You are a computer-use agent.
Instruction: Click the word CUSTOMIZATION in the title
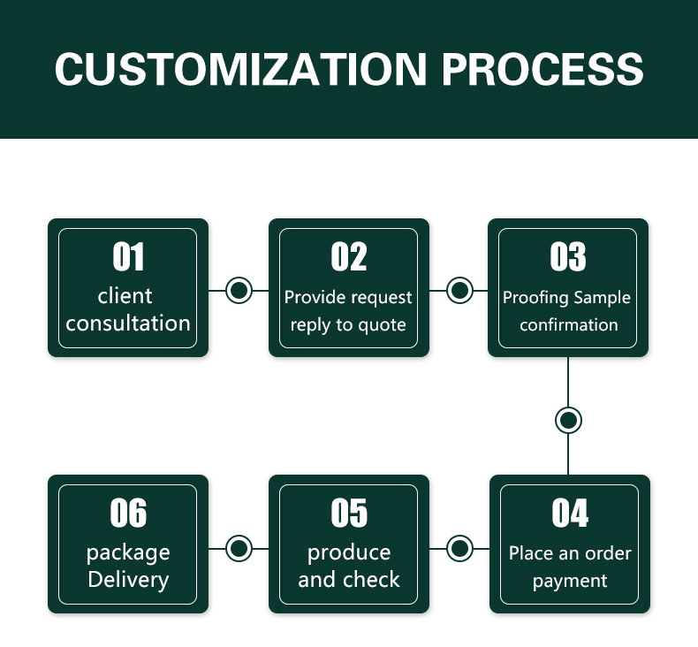coord(240,69)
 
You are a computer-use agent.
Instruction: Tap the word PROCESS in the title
coord(542,69)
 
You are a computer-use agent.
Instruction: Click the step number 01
coord(128,256)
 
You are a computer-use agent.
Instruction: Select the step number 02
coord(348,256)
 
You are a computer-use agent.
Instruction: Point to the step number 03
coord(567,256)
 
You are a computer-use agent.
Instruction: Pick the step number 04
coord(570,513)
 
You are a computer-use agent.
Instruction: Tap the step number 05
coord(349,513)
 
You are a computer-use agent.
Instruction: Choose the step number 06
coord(128,513)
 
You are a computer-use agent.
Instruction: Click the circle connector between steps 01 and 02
coord(239,290)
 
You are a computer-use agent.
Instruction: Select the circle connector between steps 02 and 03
coord(459,290)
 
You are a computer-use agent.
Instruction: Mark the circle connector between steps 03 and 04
coord(568,420)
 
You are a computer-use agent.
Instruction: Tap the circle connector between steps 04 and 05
coord(459,548)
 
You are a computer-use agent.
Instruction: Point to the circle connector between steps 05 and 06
coord(239,548)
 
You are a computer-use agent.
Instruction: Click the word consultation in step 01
coord(128,323)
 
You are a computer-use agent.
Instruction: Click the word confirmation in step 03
coord(569,324)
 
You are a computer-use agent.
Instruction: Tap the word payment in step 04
coord(570,581)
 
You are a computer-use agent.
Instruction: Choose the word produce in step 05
coord(349,553)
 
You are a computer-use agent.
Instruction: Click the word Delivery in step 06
coord(128,580)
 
